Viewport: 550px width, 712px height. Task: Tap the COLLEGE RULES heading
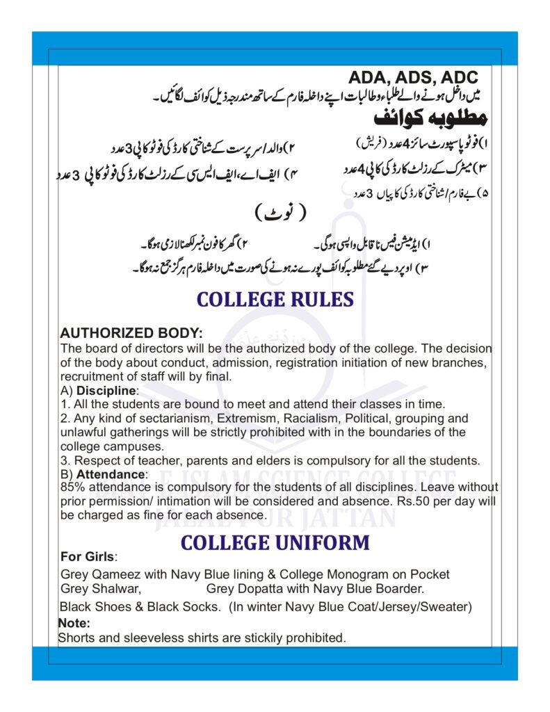coord(275,300)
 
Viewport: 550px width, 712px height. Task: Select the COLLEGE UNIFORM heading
coord(275,542)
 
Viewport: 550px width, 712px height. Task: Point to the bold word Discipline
coord(107,391)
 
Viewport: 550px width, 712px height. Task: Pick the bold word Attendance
coord(111,474)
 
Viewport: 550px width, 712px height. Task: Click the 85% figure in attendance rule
coord(72,487)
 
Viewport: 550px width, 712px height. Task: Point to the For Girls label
coord(88,557)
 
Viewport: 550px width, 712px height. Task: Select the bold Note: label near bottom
coord(74,623)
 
